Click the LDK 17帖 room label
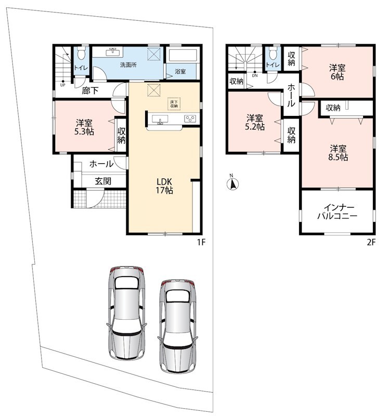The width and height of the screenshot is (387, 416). coord(164,186)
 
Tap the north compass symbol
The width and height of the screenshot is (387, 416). coord(233,184)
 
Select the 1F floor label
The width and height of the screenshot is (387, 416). coord(201,242)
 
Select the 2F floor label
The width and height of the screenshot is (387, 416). coord(371,242)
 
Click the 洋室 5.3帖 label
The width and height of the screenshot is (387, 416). coord(84,127)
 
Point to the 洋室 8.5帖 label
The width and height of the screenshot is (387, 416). coord(338,153)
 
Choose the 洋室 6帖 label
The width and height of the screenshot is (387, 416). coord(338,72)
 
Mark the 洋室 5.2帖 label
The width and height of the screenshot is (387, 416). coord(254,122)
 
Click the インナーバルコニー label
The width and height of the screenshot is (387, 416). coord(338,212)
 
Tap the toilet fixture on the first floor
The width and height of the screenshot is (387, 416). coord(81,54)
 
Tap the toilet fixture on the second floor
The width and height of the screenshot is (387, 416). coord(273,54)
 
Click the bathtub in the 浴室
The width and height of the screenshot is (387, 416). coord(182,56)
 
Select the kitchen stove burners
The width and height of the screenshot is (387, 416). coord(190,119)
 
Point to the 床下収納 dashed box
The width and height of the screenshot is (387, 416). coord(174,103)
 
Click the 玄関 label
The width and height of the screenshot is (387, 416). coord(103,181)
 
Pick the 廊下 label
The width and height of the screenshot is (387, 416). coord(90,91)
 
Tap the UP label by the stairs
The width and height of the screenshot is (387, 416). coord(62,85)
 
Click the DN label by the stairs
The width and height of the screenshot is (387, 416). coord(255,75)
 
